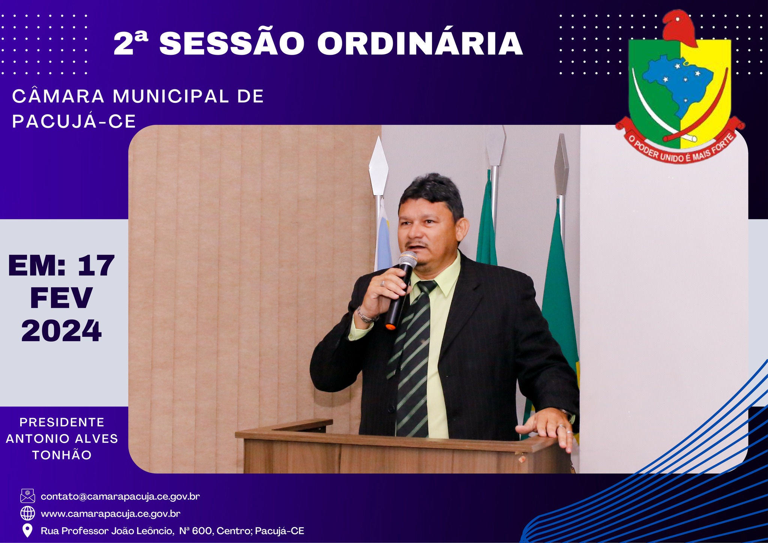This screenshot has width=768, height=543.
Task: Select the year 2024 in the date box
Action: pyautogui.click(x=61, y=331)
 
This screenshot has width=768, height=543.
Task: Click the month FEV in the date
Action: pyautogui.click(x=61, y=298)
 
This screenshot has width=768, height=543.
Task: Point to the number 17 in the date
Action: pyautogui.click(x=96, y=265)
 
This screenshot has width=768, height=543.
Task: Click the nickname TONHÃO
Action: pyautogui.click(x=62, y=455)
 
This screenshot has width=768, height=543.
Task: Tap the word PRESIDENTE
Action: pyautogui.click(x=62, y=422)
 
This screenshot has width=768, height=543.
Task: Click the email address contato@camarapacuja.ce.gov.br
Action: pyautogui.click(x=120, y=496)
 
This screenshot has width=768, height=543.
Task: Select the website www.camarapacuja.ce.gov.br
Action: pyautogui.click(x=111, y=514)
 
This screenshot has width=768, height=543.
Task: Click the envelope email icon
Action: pyautogui.click(x=27, y=496)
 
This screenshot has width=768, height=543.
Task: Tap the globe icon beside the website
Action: pyautogui.click(x=27, y=513)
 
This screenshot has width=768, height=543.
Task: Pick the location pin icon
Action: pyautogui.click(x=27, y=531)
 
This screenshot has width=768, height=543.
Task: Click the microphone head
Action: pyautogui.click(x=408, y=259)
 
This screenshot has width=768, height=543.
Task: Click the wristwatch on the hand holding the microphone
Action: pyautogui.click(x=365, y=316)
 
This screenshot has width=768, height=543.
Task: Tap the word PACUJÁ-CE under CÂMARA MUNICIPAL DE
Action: pyautogui.click(x=74, y=121)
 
